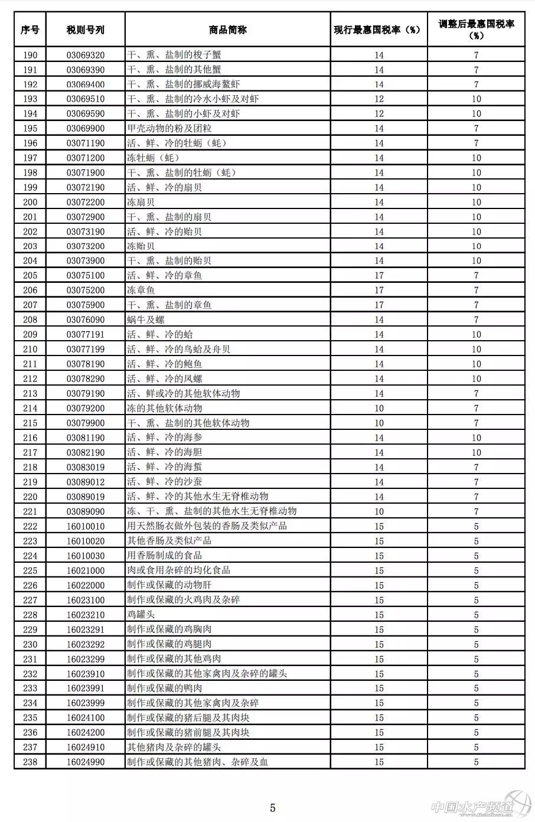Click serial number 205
[x=30, y=275]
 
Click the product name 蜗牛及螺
[x=145, y=319]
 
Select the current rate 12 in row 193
[x=379, y=99]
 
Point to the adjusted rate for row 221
[x=476, y=511]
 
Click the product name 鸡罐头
[x=141, y=614]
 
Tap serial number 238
[x=30, y=762]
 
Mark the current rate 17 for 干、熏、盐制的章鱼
[x=379, y=305]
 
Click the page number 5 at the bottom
[x=273, y=808]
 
